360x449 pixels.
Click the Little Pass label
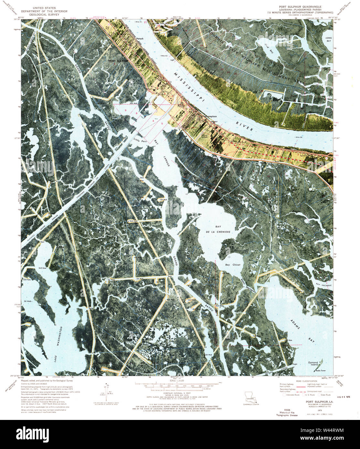click(x=141, y=141)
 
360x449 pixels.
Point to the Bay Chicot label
click(x=233, y=265)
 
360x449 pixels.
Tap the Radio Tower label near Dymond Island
click(x=325, y=370)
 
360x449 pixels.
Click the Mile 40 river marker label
click(x=164, y=56)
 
